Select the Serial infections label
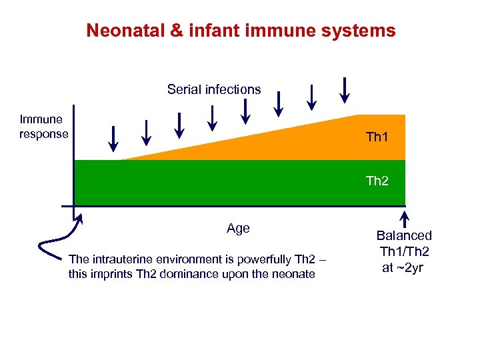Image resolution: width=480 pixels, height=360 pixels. [214, 89]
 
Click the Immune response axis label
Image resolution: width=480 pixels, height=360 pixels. [43, 127]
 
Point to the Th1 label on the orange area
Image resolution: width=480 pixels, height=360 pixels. [377, 138]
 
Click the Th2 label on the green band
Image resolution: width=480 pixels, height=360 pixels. [377, 181]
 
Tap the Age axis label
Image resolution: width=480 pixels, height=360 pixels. [238, 228]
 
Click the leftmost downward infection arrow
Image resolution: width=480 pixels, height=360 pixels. [113, 138]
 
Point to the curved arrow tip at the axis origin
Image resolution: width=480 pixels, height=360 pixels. [81, 215]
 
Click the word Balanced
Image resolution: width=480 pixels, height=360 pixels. [404, 235]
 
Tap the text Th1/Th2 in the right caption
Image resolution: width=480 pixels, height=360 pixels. [405, 251]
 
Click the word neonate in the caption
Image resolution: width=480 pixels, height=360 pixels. [294, 274]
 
